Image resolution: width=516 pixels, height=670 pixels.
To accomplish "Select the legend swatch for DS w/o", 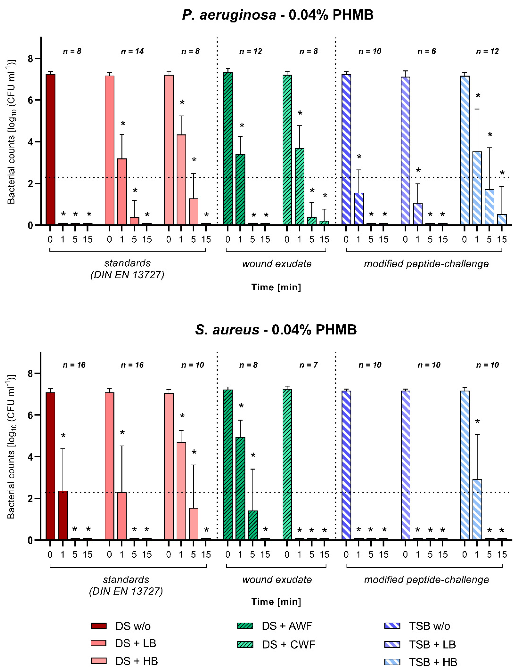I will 99,626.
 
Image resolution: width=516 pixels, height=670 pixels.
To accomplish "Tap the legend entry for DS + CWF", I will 288,644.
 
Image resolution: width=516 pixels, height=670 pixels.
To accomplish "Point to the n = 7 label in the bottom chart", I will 308,365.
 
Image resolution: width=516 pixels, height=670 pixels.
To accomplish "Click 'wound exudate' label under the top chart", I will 277,264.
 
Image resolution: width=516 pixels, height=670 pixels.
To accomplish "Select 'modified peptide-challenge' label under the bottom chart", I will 426,579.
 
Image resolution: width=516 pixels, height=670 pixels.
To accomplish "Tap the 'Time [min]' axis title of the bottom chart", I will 276,602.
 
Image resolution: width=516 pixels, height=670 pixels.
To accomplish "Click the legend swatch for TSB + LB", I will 392,644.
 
